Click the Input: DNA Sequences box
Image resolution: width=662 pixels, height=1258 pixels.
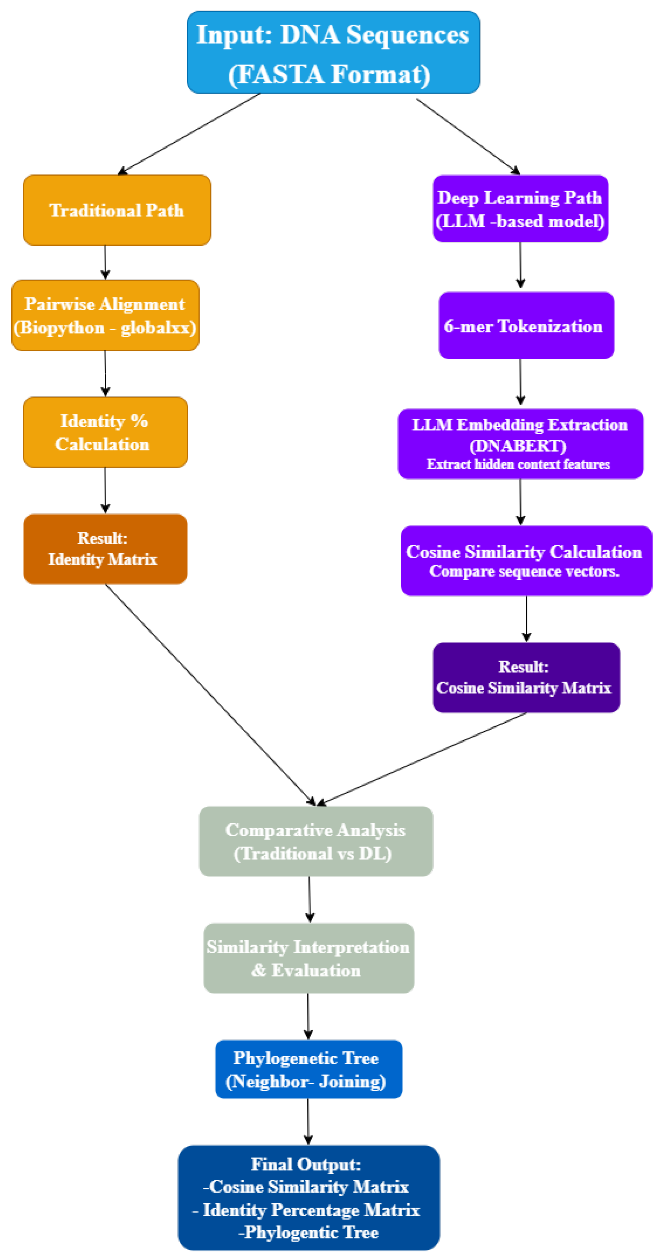(333, 52)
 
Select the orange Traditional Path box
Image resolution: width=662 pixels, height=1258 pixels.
(117, 210)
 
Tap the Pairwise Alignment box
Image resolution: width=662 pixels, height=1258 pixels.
(105, 315)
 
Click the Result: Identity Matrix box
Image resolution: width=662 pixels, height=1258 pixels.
(105, 549)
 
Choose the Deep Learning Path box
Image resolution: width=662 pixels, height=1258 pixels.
(520, 209)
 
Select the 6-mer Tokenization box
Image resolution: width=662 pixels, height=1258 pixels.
(526, 325)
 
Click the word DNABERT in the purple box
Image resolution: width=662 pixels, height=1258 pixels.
(518, 445)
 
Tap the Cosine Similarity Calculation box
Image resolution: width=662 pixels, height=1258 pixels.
(526, 560)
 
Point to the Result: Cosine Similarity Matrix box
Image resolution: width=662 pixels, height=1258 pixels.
(526, 677)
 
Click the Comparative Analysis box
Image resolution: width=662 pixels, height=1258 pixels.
(316, 841)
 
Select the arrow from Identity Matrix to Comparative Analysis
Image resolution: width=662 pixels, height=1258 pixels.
(210, 693)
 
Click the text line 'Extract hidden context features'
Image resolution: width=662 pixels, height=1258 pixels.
(518, 464)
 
